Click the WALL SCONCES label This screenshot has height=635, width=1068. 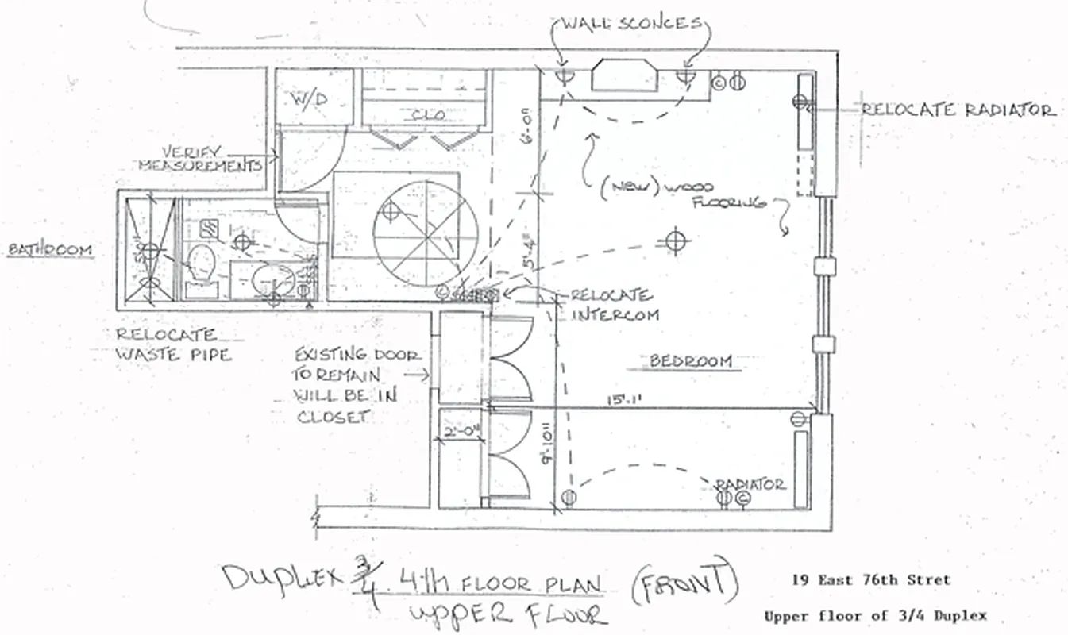(x=632, y=23)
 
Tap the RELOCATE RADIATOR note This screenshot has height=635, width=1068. (x=958, y=110)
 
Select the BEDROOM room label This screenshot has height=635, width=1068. (x=690, y=361)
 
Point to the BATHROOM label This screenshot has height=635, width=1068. (x=50, y=250)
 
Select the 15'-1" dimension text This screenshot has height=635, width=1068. (x=619, y=401)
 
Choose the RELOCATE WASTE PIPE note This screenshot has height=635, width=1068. (x=172, y=345)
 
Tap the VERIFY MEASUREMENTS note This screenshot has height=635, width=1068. (x=202, y=158)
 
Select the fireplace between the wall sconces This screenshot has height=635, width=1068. (x=623, y=77)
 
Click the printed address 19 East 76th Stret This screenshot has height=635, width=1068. (x=869, y=580)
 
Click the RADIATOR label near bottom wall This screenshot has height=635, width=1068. (x=750, y=483)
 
